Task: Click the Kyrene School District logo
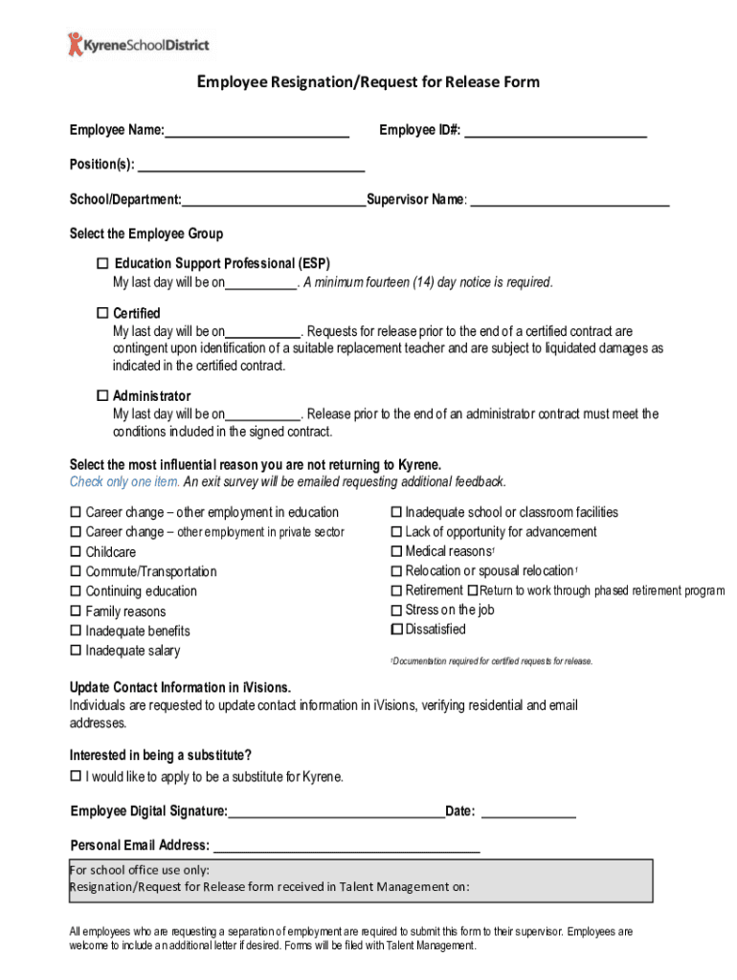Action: click(138, 44)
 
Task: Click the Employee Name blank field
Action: click(257, 130)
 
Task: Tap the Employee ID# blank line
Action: click(555, 130)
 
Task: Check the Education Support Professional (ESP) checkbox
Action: click(102, 263)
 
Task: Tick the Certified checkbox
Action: click(102, 313)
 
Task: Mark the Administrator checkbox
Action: click(102, 395)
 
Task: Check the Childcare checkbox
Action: click(76, 552)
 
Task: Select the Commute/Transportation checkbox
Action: click(76, 571)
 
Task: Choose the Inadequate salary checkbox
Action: click(76, 651)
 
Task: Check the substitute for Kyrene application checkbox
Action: click(76, 776)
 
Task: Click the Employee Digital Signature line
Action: click(336, 813)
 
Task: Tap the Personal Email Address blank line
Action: click(346, 846)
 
